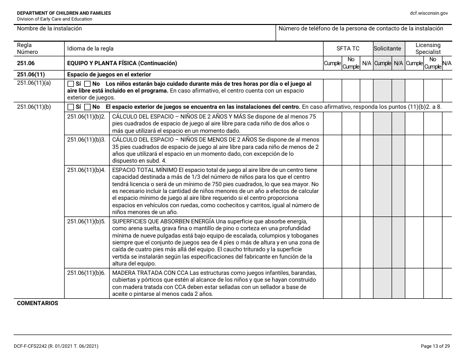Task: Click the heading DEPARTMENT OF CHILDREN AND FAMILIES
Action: (64, 13)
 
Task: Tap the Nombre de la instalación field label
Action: (49, 28)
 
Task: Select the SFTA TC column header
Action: (348, 48)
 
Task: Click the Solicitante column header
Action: (387, 48)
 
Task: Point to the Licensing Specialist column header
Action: (428, 48)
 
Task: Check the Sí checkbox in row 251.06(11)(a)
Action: (70, 84)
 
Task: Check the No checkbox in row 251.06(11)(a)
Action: (88, 84)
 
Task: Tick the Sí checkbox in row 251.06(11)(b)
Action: (70, 107)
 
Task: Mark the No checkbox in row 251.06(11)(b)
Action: (88, 107)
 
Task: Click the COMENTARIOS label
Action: (37, 303)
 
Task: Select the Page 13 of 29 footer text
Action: (435, 346)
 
